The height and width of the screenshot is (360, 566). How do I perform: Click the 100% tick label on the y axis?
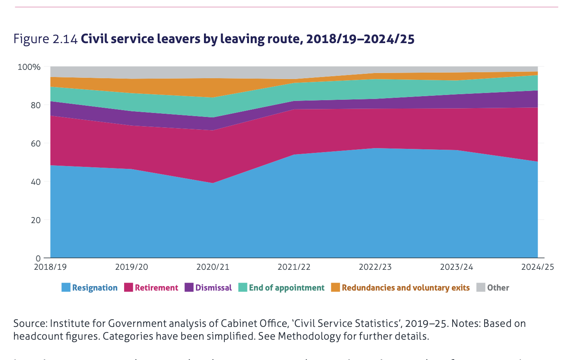pyautogui.click(x=29, y=67)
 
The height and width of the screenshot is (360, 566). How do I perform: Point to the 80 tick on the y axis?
pyautogui.click(x=36, y=105)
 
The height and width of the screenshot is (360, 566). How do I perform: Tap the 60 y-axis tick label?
pyautogui.click(x=36, y=143)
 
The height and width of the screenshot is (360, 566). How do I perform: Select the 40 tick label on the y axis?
pyautogui.click(x=36, y=182)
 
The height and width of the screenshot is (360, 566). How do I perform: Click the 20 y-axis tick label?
pyautogui.click(x=36, y=220)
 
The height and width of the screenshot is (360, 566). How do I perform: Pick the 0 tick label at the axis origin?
pyautogui.click(x=38, y=258)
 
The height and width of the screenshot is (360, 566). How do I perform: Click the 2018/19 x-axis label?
pyautogui.click(x=50, y=267)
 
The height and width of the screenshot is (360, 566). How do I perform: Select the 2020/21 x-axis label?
pyautogui.click(x=213, y=267)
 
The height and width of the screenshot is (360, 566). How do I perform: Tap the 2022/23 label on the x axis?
pyautogui.click(x=375, y=267)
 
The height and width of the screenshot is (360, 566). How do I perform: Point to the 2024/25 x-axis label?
pyautogui.click(x=537, y=267)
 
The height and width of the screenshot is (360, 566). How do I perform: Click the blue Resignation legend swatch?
pyautogui.click(x=66, y=287)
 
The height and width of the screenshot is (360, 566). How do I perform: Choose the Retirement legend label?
pyautogui.click(x=156, y=288)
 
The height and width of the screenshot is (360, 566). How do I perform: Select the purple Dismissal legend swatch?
pyautogui.click(x=189, y=287)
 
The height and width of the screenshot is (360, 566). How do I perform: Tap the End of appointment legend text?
pyautogui.click(x=287, y=288)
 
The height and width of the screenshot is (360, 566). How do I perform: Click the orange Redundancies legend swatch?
pyautogui.click(x=335, y=287)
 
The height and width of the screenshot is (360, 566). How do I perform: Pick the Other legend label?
pyautogui.click(x=498, y=288)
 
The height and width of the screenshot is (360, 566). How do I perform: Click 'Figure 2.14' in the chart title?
pyautogui.click(x=45, y=39)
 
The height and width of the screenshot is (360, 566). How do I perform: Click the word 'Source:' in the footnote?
pyautogui.click(x=30, y=323)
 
